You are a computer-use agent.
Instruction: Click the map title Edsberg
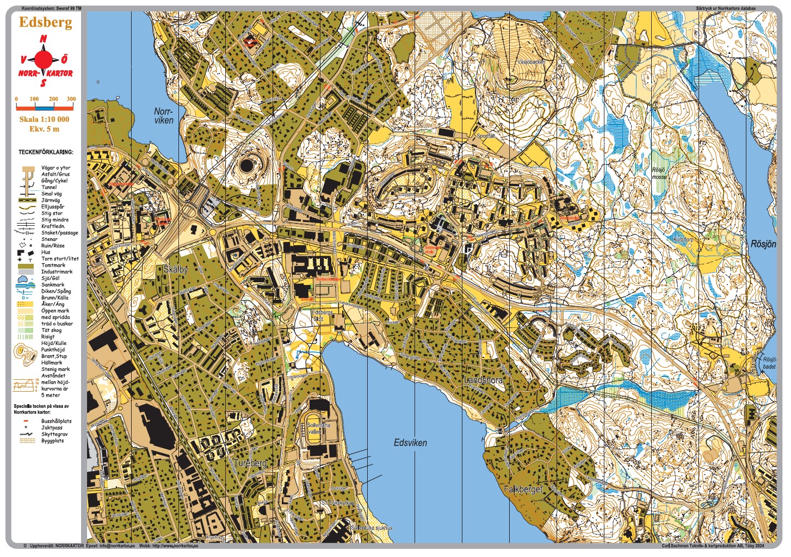pos(46,22)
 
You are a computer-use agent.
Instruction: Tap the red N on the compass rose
pos(44,39)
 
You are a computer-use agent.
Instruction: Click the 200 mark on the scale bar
pos(53,99)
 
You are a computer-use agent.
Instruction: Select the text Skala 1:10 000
pos(45,119)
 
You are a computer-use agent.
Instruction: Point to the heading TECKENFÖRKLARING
pos(46,152)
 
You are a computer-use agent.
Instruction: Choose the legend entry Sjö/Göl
pos(51,278)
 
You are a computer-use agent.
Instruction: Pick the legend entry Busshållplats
pos(56,421)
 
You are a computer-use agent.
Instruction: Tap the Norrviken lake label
pos(163,116)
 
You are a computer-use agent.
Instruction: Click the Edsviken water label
pos(410,443)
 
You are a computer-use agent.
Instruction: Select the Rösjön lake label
pos(763,244)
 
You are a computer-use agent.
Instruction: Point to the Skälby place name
pos(175,269)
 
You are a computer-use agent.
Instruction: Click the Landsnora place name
pos(483,380)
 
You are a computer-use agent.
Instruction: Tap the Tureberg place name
pos(250,463)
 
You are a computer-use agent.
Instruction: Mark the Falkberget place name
pos(523,490)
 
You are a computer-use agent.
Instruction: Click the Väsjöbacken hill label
pos(531,62)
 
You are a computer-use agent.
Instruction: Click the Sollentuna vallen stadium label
pos(318,428)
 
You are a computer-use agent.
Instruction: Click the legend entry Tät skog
pos(52,330)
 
